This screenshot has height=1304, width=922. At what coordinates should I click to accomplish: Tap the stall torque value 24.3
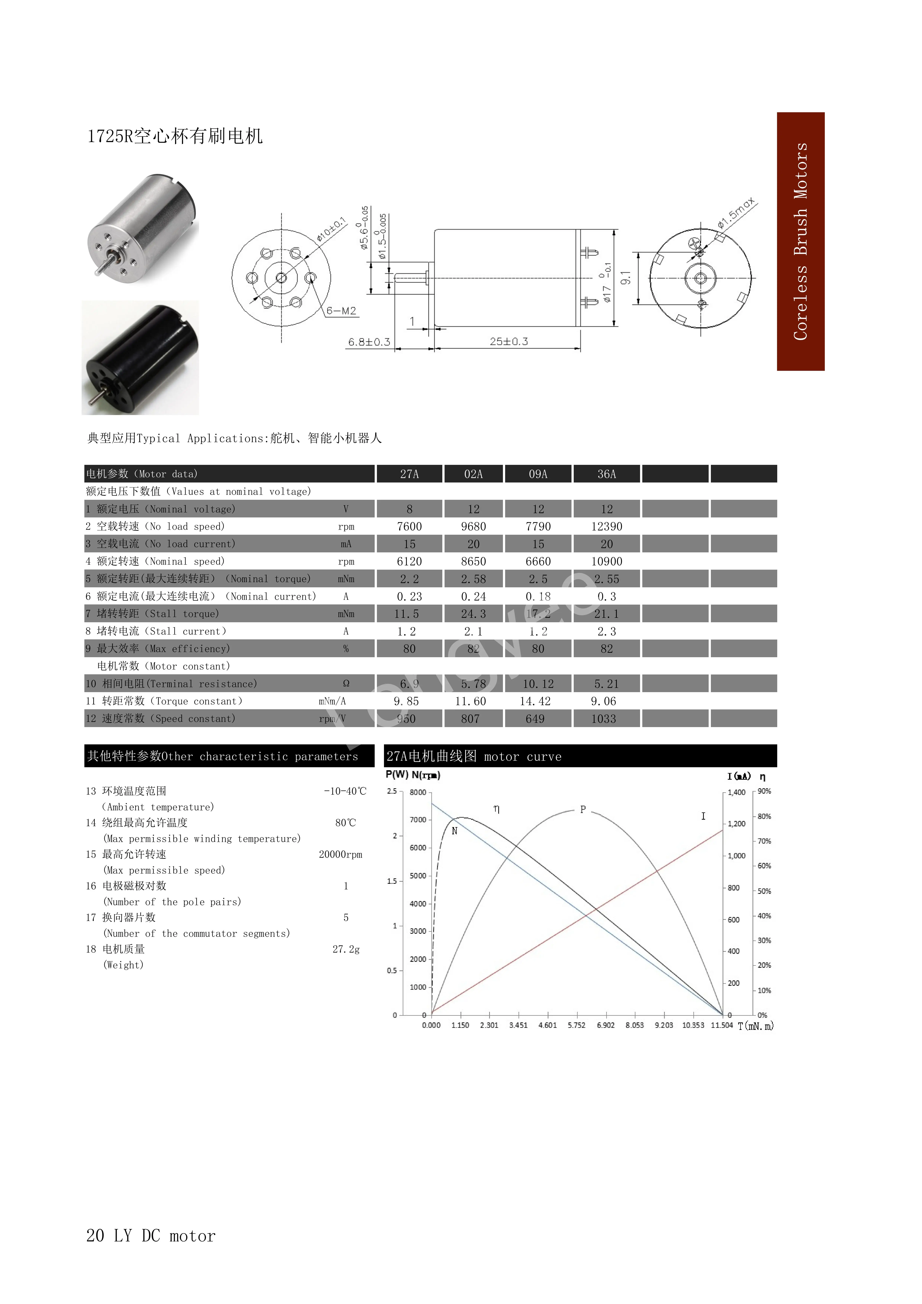click(x=473, y=614)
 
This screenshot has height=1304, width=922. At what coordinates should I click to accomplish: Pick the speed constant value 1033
click(x=603, y=719)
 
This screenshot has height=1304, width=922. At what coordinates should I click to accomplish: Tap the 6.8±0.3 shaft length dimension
click(x=369, y=342)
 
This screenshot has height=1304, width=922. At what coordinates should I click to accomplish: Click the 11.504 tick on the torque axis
click(x=721, y=1025)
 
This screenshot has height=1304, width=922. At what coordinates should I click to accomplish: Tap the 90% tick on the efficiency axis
click(x=764, y=791)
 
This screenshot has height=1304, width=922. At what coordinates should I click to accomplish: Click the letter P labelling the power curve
click(x=583, y=810)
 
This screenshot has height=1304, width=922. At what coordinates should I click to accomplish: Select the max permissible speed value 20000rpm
click(x=340, y=854)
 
